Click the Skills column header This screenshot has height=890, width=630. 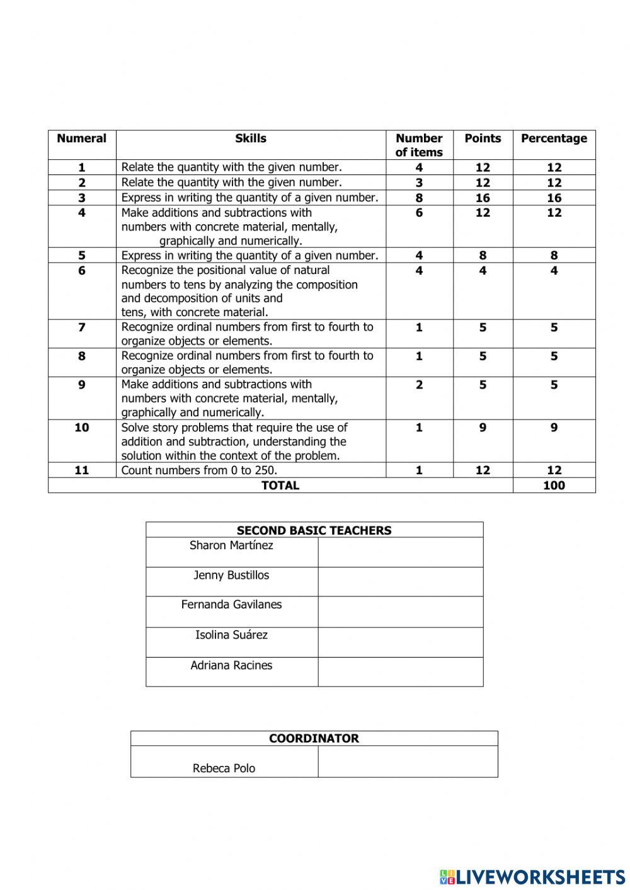coord(251,139)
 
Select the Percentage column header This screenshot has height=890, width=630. coord(554,139)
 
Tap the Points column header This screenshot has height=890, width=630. coord(483,139)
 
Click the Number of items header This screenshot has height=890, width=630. coord(419,145)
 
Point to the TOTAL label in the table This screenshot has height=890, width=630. coord(280,486)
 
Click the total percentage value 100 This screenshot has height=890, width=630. coord(554,486)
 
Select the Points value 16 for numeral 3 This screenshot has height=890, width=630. coord(483,198)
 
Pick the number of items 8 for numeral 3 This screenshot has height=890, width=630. coord(419,198)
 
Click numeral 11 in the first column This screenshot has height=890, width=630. coord(82,471)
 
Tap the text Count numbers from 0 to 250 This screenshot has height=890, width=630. coord(199,471)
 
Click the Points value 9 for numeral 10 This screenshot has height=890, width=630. coord(483,428)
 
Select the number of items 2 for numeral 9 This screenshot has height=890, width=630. coord(419,385)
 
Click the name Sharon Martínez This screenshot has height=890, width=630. coord(231,545)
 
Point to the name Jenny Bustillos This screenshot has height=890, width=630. coord(231,576)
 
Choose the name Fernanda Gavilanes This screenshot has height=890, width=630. coord(231,605)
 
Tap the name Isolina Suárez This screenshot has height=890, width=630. coord(231,635)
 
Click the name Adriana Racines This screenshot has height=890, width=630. coord(231,666)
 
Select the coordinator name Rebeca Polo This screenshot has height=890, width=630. coord(224,768)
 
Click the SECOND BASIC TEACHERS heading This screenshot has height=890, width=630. coord(314,530)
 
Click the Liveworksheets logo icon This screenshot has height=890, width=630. coord(447,876)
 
